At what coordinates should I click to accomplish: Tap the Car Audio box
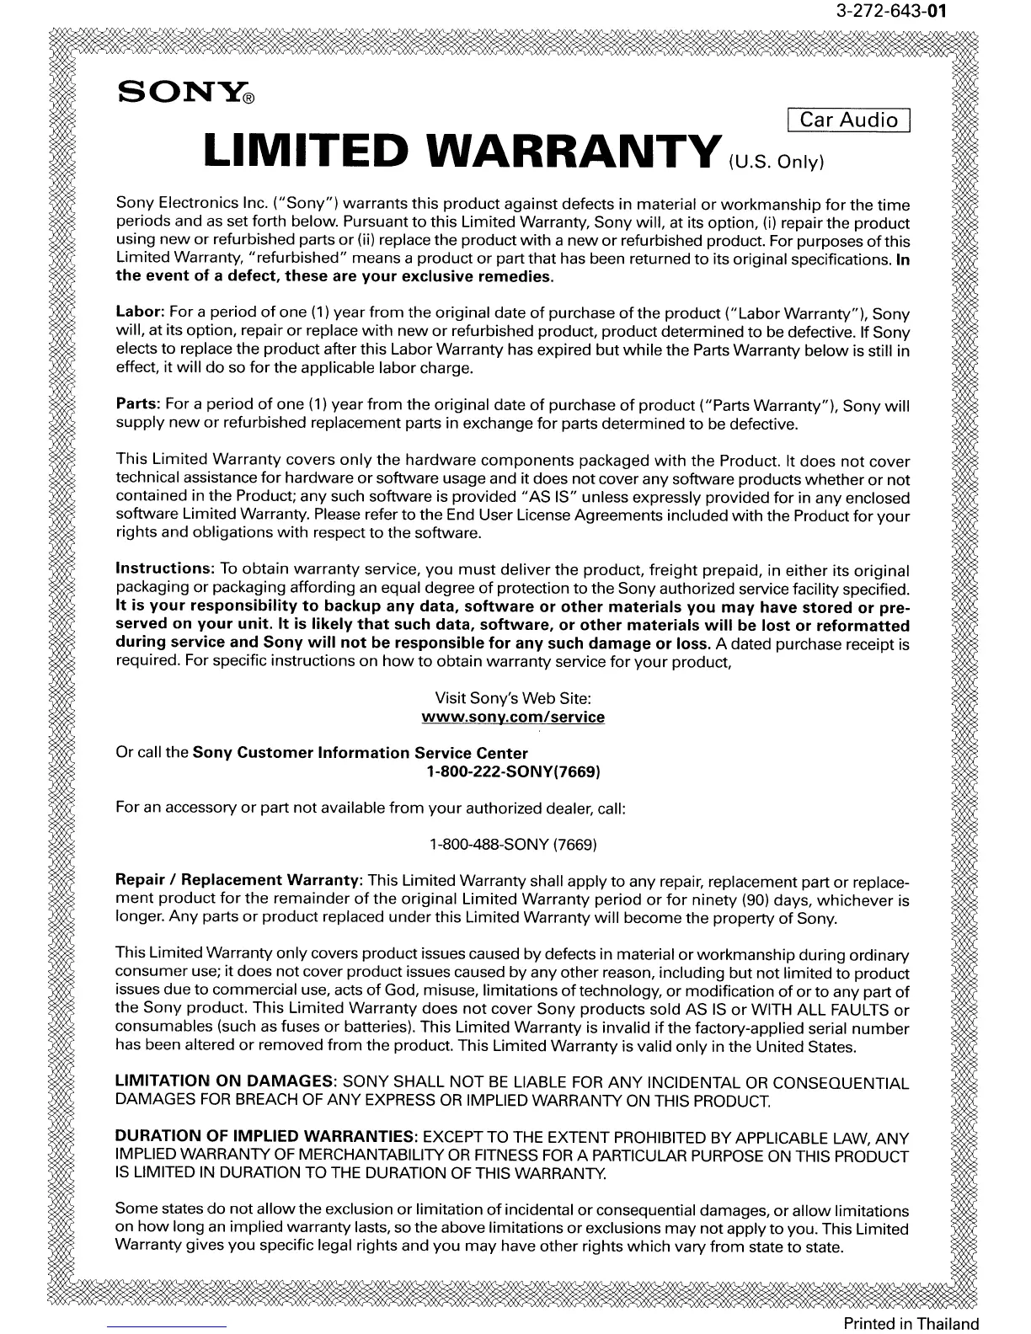[849, 120]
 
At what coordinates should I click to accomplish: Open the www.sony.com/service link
[513, 718]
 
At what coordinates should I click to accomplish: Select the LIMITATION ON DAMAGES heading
[226, 1082]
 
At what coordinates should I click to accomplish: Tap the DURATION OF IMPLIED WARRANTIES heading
[266, 1137]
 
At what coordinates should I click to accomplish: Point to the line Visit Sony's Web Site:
[513, 698]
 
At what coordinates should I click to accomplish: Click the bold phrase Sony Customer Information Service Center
[361, 753]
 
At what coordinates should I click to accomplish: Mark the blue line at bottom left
[168, 1326]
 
